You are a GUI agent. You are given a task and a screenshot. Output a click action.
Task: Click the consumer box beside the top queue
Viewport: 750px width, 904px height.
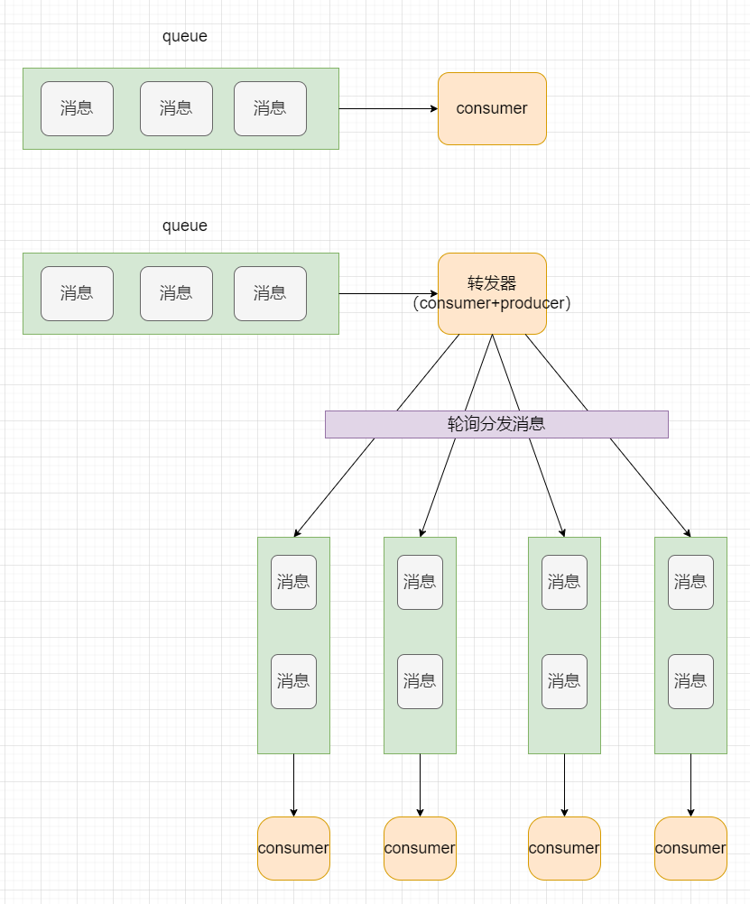coord(492,108)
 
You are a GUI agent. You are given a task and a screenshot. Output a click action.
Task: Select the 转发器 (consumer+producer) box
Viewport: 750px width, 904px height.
coord(492,293)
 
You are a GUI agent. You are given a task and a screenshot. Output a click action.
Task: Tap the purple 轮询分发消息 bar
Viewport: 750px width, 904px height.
coord(496,424)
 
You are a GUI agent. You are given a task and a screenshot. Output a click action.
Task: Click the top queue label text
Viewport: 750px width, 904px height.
coord(185,36)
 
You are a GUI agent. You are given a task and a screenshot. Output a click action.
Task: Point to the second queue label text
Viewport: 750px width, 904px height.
coord(185,226)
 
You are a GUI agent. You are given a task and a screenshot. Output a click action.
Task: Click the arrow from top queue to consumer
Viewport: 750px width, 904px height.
coord(388,108)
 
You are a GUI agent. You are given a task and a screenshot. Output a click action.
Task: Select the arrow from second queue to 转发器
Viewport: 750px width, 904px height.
coord(388,293)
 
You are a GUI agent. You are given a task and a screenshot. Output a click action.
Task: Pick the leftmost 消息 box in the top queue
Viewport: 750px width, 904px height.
coord(77,108)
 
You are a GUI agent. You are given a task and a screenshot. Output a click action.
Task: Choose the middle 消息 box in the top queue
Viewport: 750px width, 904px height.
coord(176,108)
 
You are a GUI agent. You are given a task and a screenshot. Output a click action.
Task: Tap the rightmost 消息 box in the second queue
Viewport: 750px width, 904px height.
coord(270,293)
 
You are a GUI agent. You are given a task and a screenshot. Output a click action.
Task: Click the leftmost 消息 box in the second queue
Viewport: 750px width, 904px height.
coord(77,293)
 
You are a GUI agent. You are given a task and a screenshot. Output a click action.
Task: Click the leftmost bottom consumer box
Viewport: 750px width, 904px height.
coord(293,848)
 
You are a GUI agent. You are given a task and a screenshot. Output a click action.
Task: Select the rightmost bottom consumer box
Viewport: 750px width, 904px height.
coord(690,848)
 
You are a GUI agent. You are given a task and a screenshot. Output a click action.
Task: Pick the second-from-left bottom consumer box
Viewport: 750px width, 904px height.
coord(420,848)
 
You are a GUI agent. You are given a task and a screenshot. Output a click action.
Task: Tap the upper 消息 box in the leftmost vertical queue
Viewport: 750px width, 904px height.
coord(293,582)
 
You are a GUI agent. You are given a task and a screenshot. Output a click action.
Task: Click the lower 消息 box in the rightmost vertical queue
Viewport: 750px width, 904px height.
coord(690,681)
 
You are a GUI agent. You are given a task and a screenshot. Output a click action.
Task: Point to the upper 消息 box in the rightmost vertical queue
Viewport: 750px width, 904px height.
coord(690,582)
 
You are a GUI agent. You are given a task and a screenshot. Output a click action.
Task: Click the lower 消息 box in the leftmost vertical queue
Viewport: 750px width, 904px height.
coord(293,681)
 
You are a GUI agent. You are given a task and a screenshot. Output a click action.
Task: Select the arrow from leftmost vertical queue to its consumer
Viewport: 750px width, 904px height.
coord(293,785)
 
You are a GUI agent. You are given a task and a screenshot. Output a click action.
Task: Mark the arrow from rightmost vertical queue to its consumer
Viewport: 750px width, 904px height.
coord(690,785)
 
